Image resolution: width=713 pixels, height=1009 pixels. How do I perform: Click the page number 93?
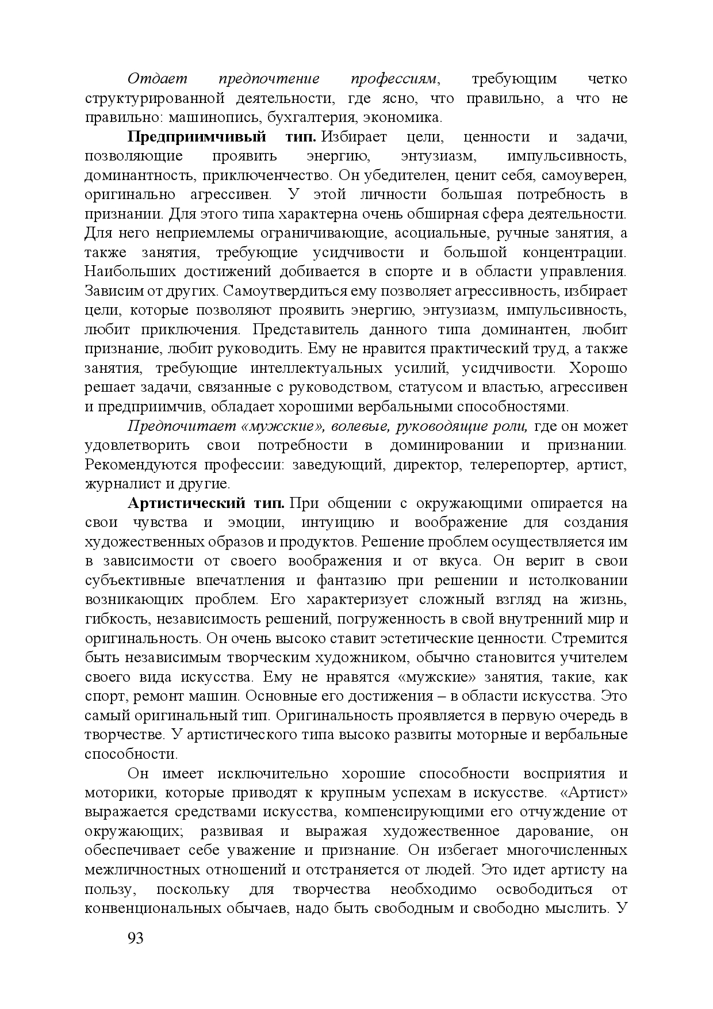click(135, 938)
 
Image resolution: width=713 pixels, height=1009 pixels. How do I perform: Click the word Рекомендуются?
click(141, 465)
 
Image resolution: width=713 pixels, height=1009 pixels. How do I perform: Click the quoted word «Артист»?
click(593, 793)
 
